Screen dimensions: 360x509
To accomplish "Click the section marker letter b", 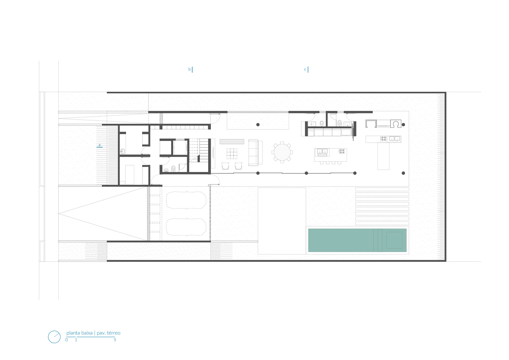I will click(x=189, y=69).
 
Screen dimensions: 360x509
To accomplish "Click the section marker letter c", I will click(x=305, y=69).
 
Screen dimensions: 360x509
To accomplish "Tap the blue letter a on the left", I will click(x=100, y=145).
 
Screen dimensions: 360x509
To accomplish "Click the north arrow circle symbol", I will click(x=54, y=337).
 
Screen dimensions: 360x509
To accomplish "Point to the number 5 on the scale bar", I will click(x=115, y=340).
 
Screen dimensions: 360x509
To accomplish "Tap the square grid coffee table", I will click(x=232, y=154).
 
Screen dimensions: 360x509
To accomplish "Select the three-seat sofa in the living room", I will click(x=253, y=153).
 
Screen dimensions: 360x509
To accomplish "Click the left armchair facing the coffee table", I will click(x=225, y=166).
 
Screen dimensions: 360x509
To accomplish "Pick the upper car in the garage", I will click(x=186, y=200).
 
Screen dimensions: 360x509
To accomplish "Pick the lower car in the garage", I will click(x=186, y=227).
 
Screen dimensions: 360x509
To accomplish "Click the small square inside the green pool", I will click(x=394, y=240).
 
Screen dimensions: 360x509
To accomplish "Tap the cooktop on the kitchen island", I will click(x=342, y=151).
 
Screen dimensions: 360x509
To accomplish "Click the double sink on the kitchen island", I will click(x=322, y=151).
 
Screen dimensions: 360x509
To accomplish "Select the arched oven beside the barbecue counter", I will click(x=396, y=124).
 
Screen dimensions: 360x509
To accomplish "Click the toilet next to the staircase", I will click(x=173, y=168).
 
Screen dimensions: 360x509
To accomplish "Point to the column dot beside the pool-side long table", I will click(x=403, y=173).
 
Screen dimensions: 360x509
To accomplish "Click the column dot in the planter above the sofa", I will click(x=258, y=125).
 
